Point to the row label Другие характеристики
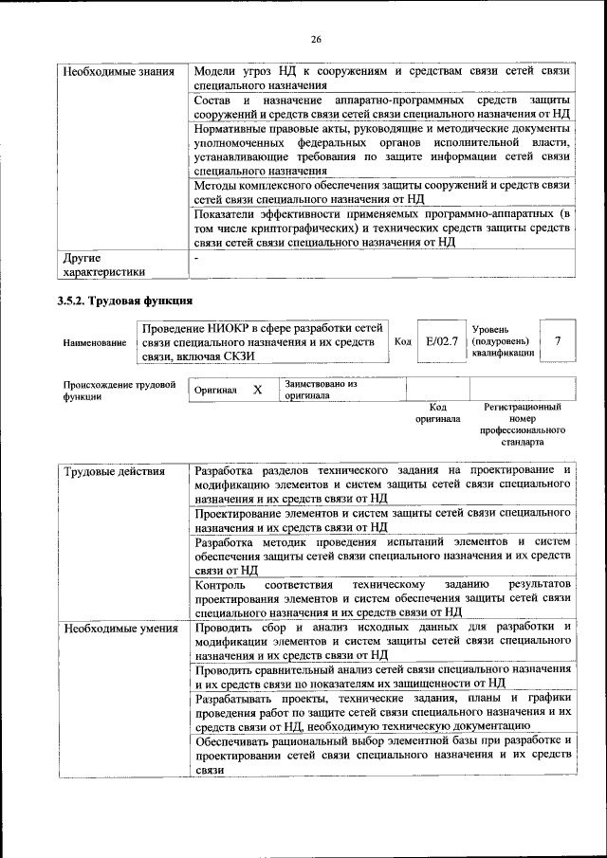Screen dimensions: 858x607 click(104, 265)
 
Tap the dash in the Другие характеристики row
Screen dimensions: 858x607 click(197, 257)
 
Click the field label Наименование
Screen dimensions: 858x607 click(94, 343)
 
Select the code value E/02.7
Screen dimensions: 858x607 click(442, 340)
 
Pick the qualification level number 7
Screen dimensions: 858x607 click(558, 340)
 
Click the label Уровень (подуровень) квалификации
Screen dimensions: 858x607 click(503, 340)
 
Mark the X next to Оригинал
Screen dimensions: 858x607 click(257, 390)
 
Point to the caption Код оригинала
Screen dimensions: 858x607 click(437, 412)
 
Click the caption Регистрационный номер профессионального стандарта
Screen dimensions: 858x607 click(522, 424)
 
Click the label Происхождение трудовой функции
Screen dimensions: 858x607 click(120, 391)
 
